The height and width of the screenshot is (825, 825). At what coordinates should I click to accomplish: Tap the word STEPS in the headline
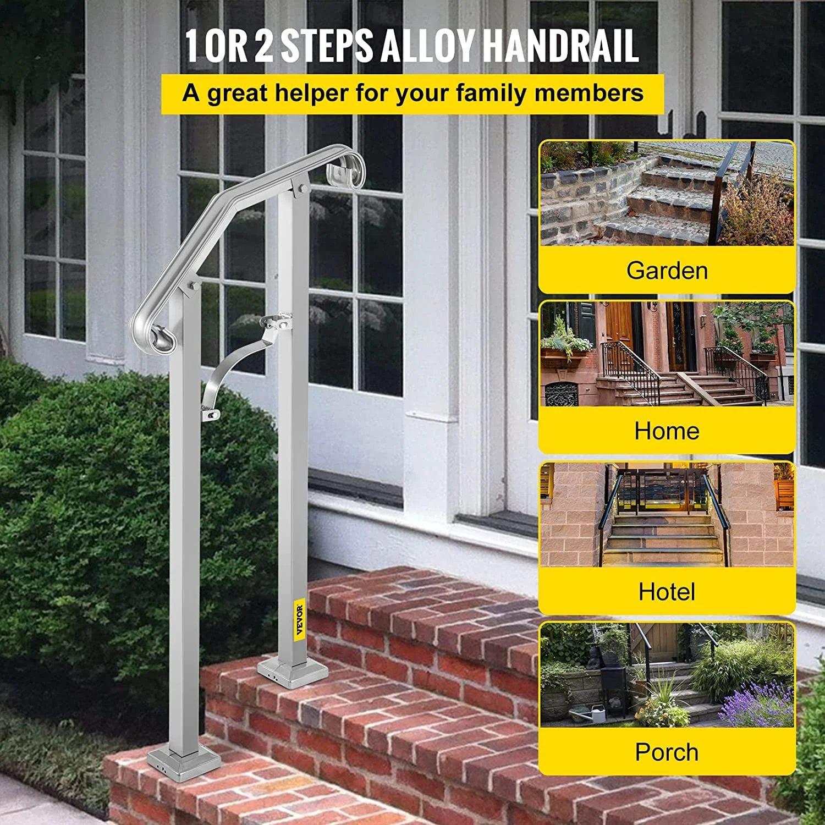click(x=327, y=45)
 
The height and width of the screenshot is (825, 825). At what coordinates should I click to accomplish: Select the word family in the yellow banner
click(x=492, y=94)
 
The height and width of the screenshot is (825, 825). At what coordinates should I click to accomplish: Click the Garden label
click(x=667, y=271)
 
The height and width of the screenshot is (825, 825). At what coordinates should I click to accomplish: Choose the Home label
click(x=667, y=431)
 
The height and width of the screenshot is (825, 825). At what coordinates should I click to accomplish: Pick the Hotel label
click(x=667, y=592)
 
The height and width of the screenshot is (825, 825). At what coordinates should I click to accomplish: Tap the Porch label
click(x=667, y=752)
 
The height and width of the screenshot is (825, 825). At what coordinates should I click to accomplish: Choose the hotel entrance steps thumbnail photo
click(x=667, y=515)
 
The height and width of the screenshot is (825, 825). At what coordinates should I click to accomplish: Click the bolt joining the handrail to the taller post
click(x=301, y=190)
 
